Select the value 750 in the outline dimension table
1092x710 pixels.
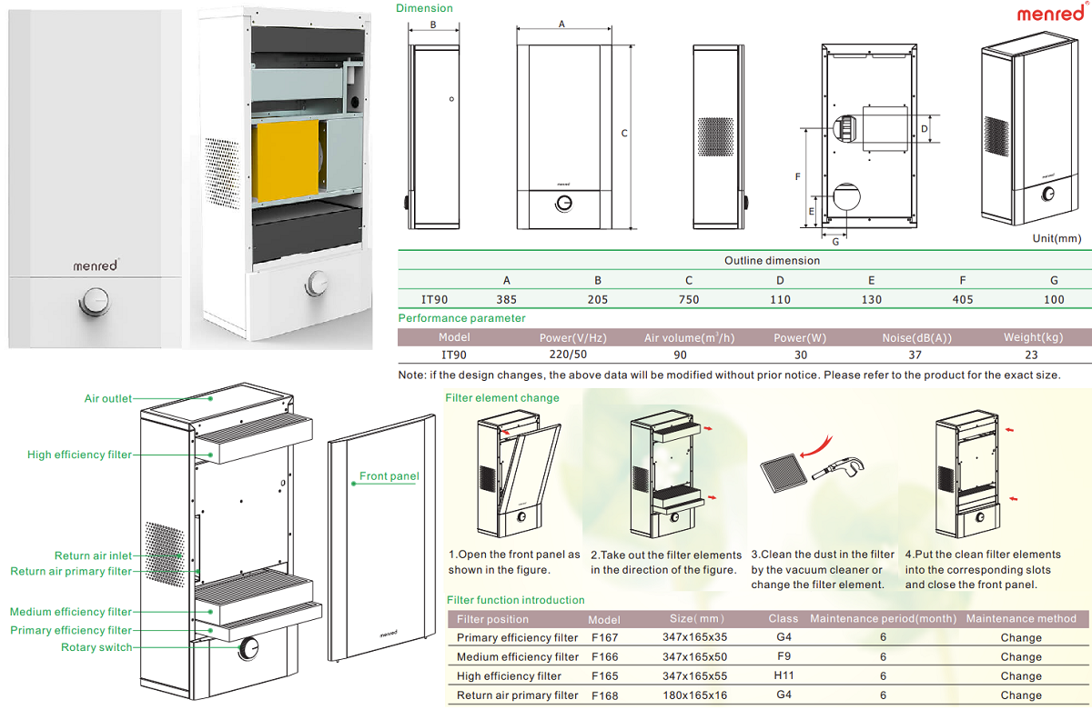(x=689, y=299)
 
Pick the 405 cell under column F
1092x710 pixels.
(x=962, y=299)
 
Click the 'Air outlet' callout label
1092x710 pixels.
(x=107, y=398)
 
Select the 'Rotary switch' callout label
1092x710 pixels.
(x=96, y=647)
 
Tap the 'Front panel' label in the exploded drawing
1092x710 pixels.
(x=389, y=476)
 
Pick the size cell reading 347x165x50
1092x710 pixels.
(x=695, y=656)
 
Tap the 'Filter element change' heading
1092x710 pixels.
(x=502, y=397)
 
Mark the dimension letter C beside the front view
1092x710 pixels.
(x=624, y=134)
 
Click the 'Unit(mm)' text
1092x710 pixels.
(x=1056, y=238)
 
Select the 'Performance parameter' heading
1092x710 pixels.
(x=461, y=318)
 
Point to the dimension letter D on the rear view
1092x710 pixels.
(x=924, y=130)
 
